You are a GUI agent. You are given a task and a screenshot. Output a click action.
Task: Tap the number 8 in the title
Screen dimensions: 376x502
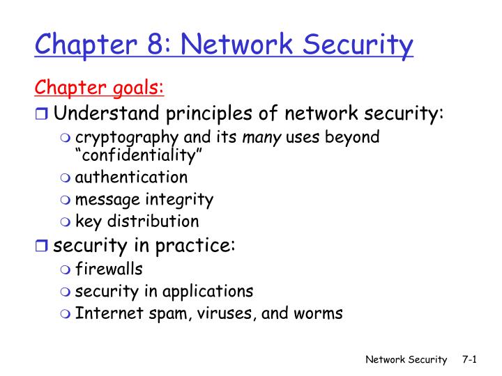pyautogui.click(x=154, y=45)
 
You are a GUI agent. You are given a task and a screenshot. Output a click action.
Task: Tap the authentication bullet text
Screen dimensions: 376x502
pyautogui.click(x=131, y=177)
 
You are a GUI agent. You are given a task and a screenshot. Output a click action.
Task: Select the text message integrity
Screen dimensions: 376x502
pyautogui.click(x=144, y=200)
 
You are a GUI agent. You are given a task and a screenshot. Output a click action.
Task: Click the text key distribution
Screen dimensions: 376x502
pyautogui.click(x=137, y=222)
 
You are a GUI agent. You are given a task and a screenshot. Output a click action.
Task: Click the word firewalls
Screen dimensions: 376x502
pyautogui.click(x=109, y=268)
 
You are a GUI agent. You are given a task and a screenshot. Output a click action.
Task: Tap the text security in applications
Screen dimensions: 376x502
pyautogui.click(x=164, y=290)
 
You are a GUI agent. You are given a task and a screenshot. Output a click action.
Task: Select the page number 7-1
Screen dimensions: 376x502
pyautogui.click(x=469, y=359)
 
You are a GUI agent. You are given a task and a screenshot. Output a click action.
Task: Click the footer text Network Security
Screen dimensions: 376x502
pyautogui.click(x=406, y=359)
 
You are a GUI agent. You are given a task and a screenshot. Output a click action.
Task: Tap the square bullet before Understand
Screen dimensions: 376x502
pyautogui.click(x=43, y=113)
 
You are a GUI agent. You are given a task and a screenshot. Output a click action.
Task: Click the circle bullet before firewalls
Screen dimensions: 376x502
pyautogui.click(x=66, y=269)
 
